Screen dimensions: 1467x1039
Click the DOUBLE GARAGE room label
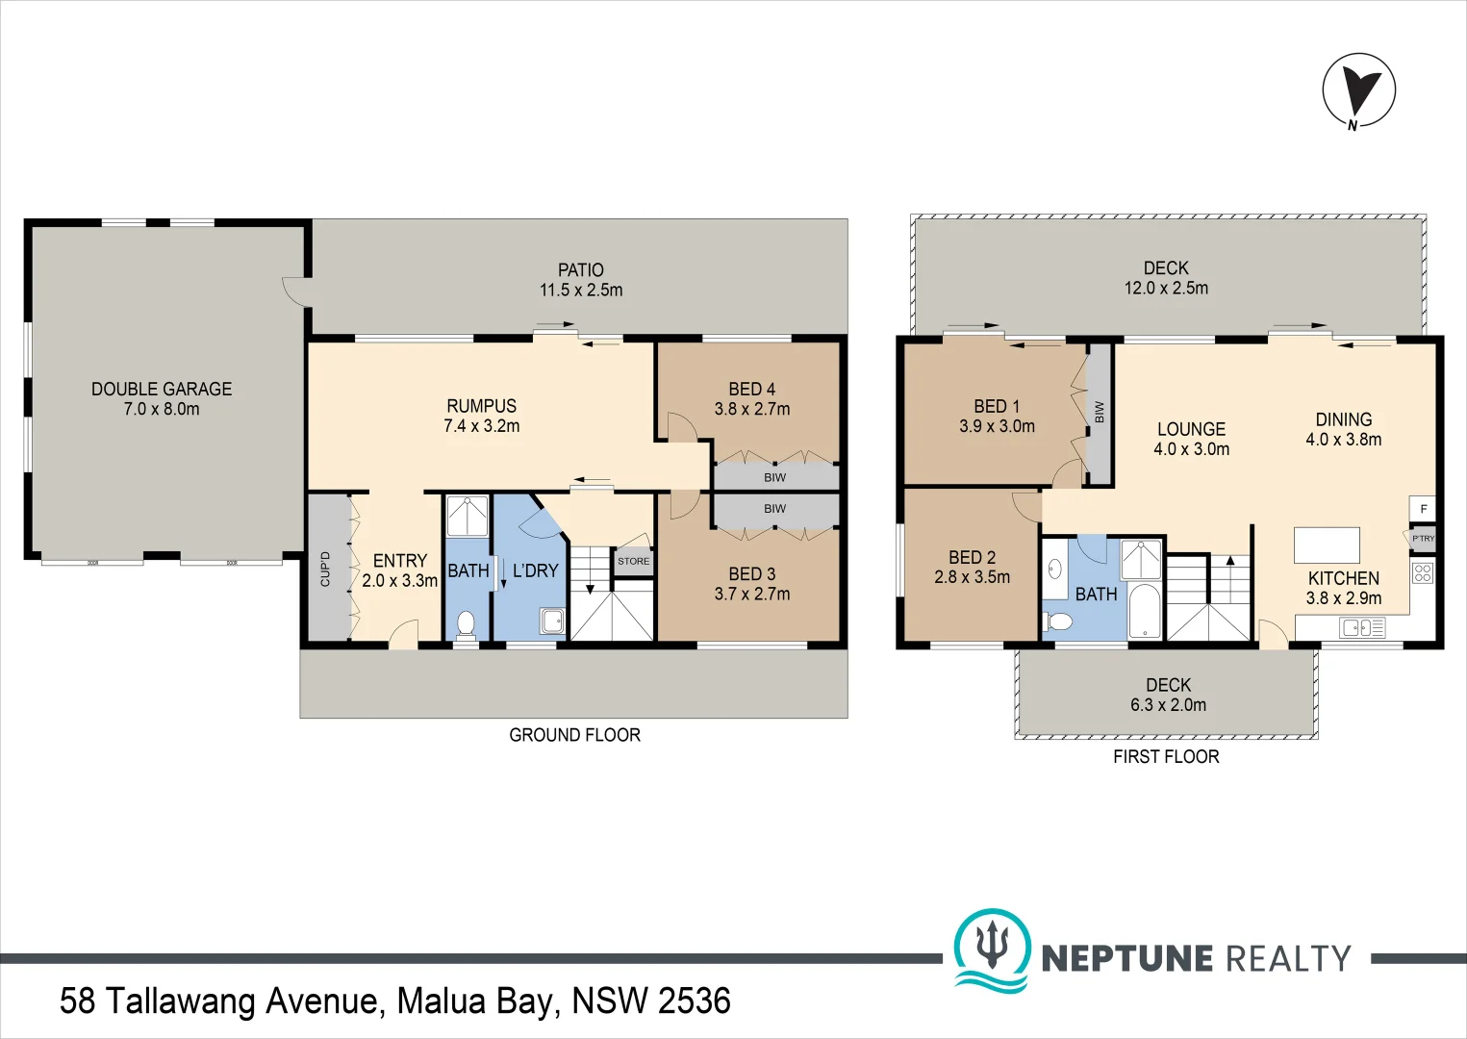click(162, 389)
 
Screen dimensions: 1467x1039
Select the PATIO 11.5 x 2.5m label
click(581, 280)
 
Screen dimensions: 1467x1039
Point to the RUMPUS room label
click(481, 406)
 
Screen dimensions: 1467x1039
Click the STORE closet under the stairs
click(633, 562)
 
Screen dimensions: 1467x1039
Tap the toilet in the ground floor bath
click(466, 623)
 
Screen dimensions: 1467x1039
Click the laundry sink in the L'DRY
click(552, 621)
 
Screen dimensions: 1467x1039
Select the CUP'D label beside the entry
click(325, 569)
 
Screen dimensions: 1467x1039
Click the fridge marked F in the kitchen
click(1423, 509)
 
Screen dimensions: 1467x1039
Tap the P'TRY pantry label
click(1423, 539)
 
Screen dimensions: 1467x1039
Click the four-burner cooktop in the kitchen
click(1423, 573)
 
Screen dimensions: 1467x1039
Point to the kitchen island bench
click(1327, 545)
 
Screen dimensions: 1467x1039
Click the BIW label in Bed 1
click(1100, 412)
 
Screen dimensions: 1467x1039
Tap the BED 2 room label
click(972, 557)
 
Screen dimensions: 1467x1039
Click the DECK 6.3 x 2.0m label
click(1169, 695)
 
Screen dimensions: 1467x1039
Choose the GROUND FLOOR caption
click(575, 735)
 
